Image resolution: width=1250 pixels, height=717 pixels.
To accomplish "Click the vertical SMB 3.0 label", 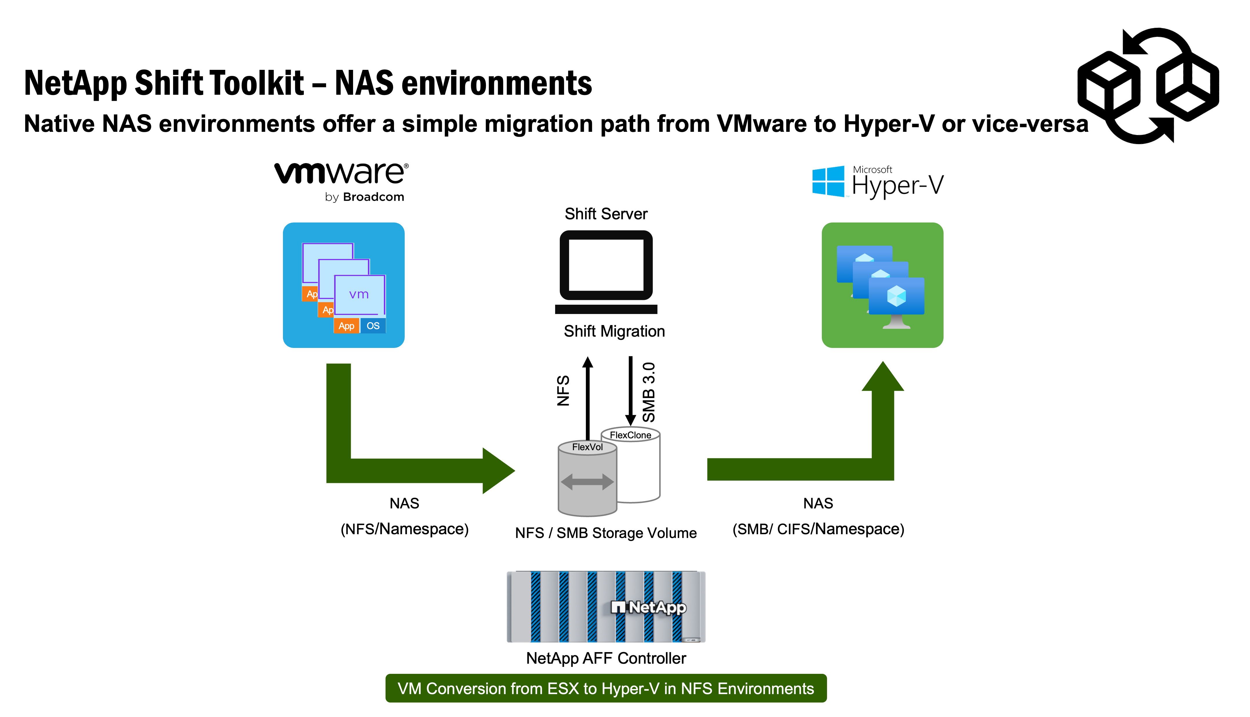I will point(649,393).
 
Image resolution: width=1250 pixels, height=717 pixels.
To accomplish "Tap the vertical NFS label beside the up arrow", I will point(563,391).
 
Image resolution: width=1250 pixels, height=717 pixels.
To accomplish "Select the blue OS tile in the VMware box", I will point(373,326).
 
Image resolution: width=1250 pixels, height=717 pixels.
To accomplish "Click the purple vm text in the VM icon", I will point(359,295).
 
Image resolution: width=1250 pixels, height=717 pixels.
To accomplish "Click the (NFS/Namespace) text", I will point(404,529).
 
